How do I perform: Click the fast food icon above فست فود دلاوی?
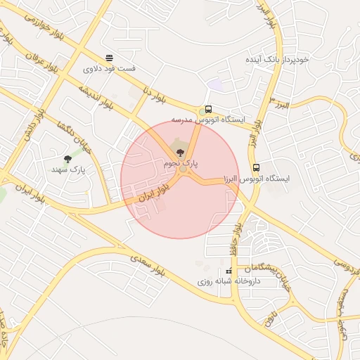(x=108, y=58)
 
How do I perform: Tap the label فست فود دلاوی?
(x=108, y=69)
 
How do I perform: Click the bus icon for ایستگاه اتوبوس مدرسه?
(x=208, y=109)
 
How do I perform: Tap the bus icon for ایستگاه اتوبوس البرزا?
(x=256, y=168)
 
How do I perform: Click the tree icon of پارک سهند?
(x=67, y=159)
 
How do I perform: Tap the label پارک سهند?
(x=67, y=169)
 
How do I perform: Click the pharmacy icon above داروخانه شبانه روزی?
(x=227, y=271)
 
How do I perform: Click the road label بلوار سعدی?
(x=150, y=269)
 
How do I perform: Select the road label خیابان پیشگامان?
(x=264, y=268)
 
